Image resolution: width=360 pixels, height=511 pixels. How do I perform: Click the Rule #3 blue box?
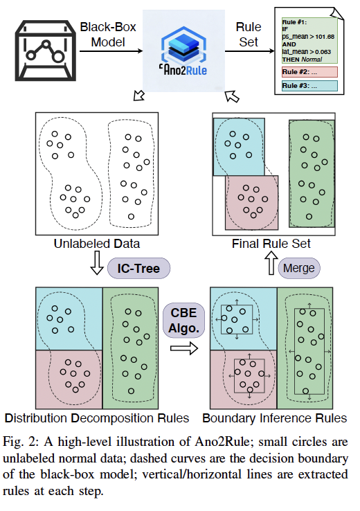[308, 87]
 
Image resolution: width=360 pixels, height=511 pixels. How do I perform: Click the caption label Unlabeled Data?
[96, 244]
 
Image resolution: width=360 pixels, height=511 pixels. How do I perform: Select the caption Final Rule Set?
[272, 244]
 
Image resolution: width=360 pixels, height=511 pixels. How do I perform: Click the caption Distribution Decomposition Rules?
[96, 418]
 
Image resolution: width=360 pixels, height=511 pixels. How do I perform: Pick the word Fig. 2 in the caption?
[21, 442]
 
